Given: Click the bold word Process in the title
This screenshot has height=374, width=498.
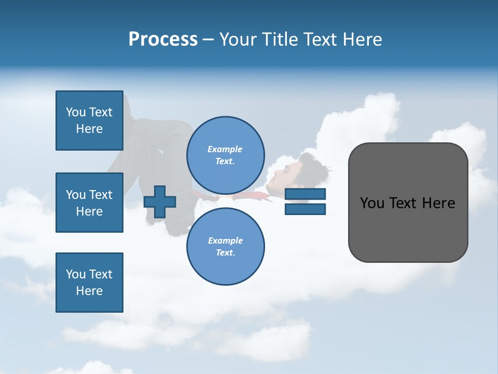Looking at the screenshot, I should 163,39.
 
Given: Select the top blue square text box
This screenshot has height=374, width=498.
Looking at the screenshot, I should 89,121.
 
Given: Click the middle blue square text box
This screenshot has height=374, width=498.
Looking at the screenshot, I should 89,203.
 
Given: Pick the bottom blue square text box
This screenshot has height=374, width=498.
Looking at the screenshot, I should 89,283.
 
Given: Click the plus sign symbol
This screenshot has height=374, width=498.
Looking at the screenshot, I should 159,202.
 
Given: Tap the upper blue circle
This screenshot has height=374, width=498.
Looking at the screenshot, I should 226,155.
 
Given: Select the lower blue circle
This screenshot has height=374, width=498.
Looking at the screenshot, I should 226,246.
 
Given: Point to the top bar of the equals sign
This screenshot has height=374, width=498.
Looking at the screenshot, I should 306,194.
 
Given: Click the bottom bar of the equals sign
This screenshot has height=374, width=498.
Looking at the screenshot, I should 306,209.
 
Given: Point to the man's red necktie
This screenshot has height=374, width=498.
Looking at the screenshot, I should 254,196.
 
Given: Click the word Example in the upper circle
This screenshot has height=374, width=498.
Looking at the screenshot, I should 225,149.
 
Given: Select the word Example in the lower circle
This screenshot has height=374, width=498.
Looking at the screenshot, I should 225,241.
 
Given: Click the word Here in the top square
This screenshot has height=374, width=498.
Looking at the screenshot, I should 89,129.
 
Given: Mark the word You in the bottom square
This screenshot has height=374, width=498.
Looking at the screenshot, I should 75,274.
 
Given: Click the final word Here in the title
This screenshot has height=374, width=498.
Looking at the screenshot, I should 362,39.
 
